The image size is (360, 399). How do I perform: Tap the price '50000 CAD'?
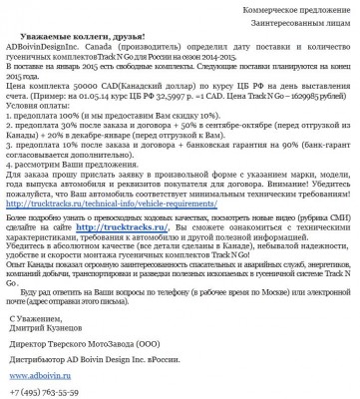(x=80, y=87)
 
